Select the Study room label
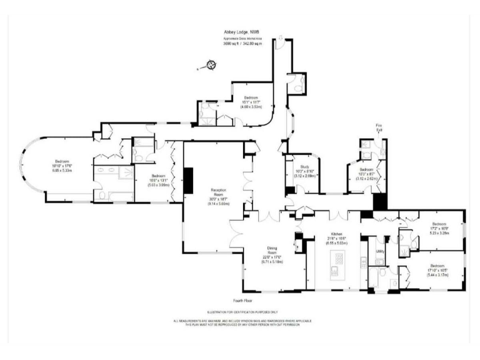305,167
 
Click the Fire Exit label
379,127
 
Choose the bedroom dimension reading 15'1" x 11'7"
252,102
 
